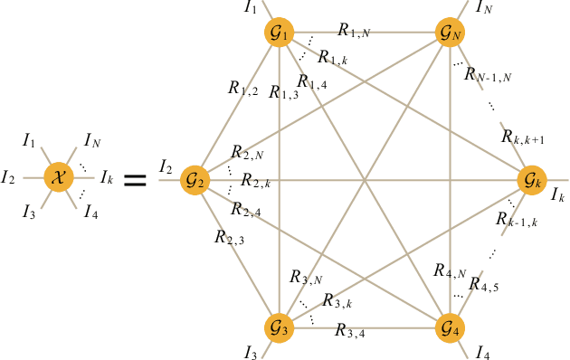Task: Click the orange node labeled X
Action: (59, 177)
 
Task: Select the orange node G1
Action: (280, 33)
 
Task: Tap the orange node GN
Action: (449, 33)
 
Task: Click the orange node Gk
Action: (533, 180)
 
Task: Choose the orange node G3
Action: (280, 327)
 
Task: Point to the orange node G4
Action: (449, 327)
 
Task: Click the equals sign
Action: (134, 180)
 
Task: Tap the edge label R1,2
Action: (244, 90)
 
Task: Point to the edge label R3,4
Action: (351, 331)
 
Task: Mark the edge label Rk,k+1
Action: (522, 137)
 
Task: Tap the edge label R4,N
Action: (450, 271)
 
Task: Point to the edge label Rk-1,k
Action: (517, 221)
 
